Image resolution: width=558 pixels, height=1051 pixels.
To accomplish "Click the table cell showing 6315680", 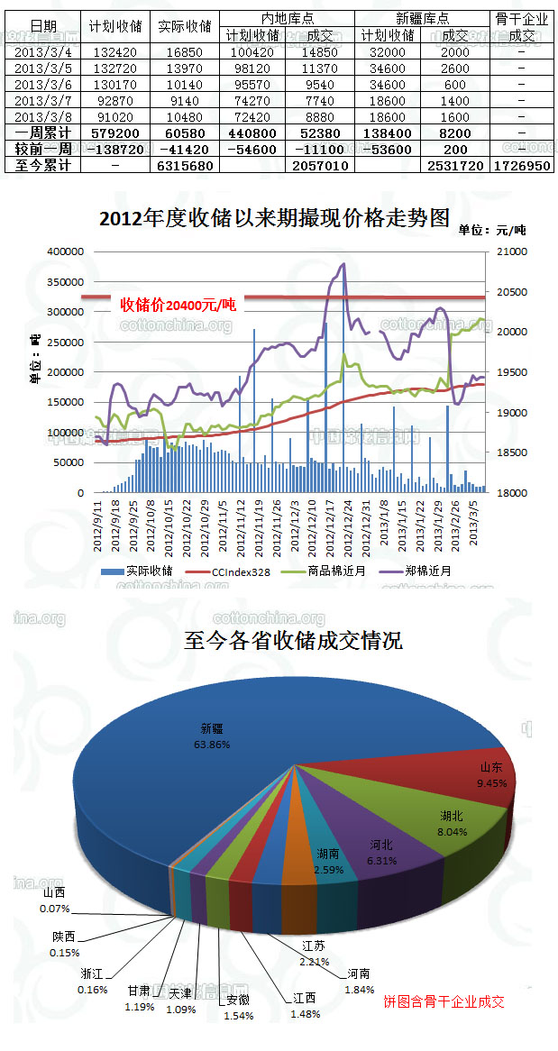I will pyautogui.click(x=184, y=167).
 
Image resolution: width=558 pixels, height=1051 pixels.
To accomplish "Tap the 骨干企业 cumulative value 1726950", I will pyautogui.click(x=521, y=167).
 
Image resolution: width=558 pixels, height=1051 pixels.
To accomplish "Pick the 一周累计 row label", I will pyautogui.click(x=41, y=133).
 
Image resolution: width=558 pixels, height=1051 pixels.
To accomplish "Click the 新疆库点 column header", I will pyautogui.click(x=422, y=18).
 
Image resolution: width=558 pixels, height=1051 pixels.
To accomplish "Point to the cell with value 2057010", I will pyautogui.click(x=320, y=167).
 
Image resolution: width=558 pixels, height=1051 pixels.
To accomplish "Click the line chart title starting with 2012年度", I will pyautogui.click(x=273, y=218).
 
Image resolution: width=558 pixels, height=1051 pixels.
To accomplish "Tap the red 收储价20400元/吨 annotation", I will pyautogui.click(x=178, y=305).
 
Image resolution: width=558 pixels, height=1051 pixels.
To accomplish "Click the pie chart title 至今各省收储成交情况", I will pyautogui.click(x=293, y=641).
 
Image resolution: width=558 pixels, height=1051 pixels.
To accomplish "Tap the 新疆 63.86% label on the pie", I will pyautogui.click(x=212, y=736).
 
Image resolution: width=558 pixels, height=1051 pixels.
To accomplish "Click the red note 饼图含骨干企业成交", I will pyautogui.click(x=444, y=1001).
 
